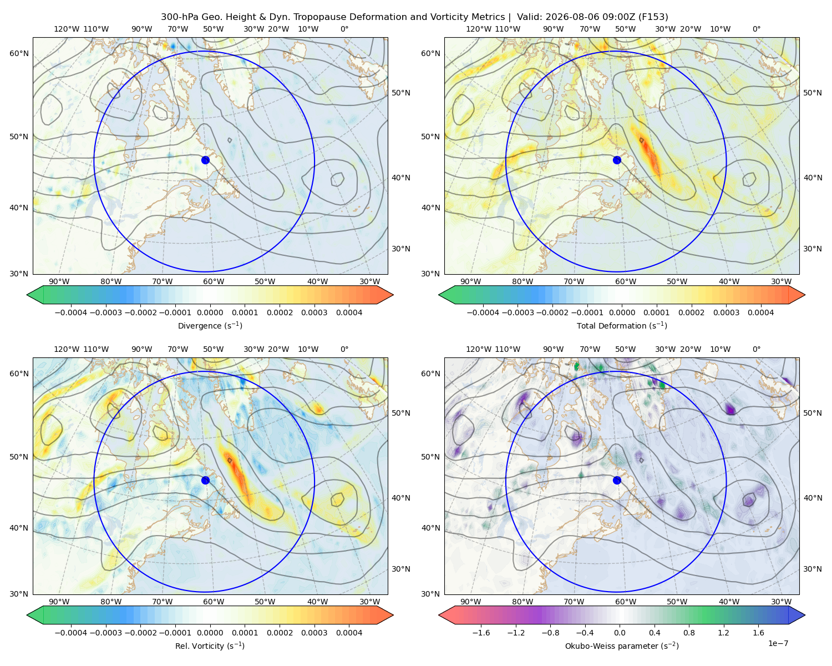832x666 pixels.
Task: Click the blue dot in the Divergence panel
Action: point(205,160)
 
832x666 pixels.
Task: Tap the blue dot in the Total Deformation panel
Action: point(617,160)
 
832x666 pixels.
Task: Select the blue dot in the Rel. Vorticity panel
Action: point(205,480)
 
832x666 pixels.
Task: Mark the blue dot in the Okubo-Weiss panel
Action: point(617,480)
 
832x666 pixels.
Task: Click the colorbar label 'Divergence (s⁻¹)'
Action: point(210,326)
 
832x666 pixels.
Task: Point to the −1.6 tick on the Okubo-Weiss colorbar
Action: point(481,633)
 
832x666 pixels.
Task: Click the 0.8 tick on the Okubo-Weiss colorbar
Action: point(689,633)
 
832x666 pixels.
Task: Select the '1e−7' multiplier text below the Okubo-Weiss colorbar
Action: point(778,643)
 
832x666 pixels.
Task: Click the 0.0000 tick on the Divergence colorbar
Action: point(210,312)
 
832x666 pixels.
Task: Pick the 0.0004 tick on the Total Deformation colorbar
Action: point(761,312)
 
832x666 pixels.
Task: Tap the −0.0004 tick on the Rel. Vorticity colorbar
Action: point(71,633)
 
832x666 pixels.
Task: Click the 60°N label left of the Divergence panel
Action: point(19,53)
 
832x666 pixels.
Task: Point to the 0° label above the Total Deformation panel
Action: point(757,29)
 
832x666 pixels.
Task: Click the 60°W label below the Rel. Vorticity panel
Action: point(214,602)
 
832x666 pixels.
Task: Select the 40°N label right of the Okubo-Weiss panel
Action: point(813,498)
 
